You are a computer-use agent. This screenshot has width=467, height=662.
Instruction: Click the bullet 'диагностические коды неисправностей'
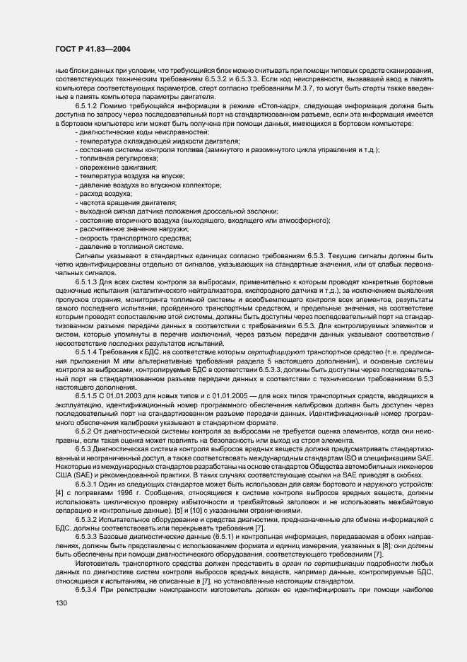click(x=132, y=132)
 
